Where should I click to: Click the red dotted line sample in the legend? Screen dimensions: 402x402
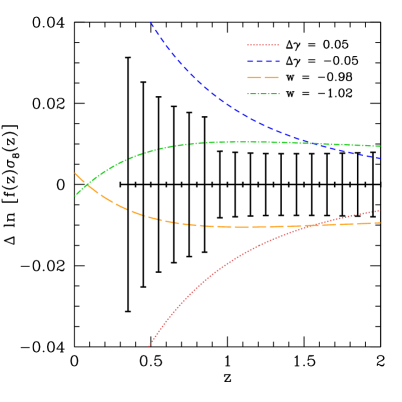tap(263, 45)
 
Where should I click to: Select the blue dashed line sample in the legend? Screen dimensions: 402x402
tap(263, 61)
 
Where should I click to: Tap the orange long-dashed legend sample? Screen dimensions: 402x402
tap(263, 77)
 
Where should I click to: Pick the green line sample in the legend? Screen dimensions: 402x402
tap(263, 94)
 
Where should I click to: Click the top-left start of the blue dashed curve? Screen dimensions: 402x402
tap(150, 22)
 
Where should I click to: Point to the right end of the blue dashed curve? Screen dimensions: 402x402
tap(380, 158)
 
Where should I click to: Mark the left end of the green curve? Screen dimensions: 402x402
tap(76, 195)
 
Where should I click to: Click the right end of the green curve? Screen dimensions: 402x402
tap(380, 146)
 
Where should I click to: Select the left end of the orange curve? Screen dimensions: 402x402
tap(75, 173)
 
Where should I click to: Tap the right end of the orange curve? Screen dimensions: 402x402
tap(380, 222)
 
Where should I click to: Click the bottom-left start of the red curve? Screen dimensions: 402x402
tap(149, 346)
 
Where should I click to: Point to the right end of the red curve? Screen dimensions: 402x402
tap(380, 210)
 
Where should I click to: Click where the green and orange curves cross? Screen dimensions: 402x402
tap(84, 184)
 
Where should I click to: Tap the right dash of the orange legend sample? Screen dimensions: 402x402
tap(272, 77)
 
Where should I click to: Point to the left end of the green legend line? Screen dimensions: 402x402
tap(248, 94)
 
